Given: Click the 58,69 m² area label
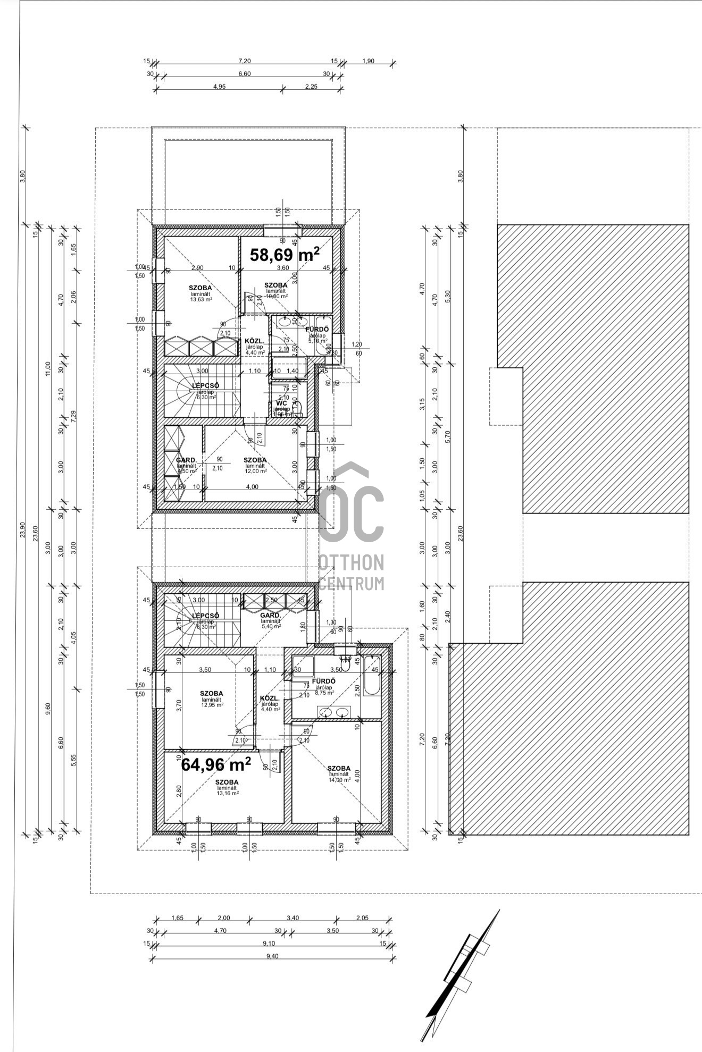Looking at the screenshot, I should [x=285, y=254].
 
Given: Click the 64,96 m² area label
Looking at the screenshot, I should [x=216, y=764].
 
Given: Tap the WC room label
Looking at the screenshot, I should [x=281, y=403].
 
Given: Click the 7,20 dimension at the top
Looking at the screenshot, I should [x=245, y=61].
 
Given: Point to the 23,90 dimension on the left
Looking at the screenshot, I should [x=22, y=529].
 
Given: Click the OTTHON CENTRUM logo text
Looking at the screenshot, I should [x=351, y=572].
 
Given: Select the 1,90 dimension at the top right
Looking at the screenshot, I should [x=368, y=61].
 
